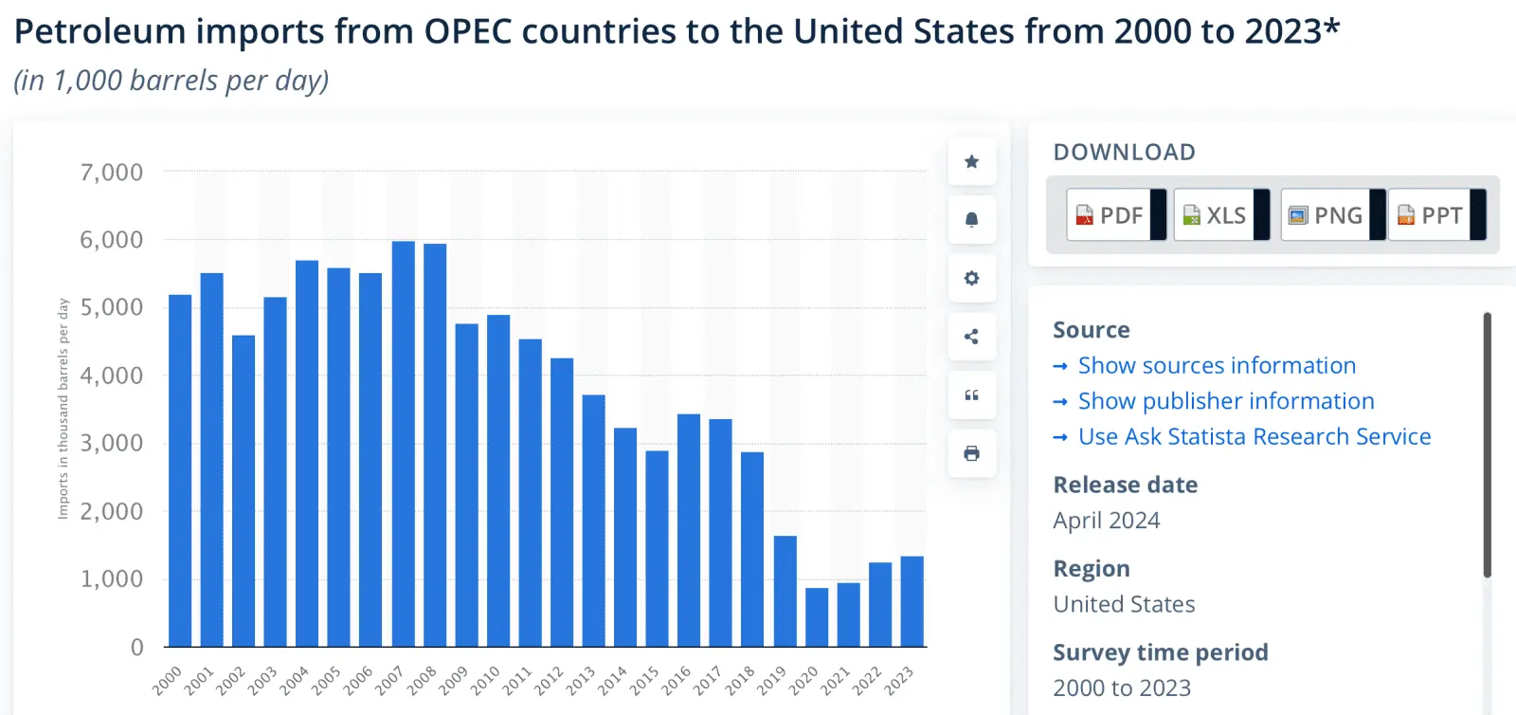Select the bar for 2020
click(817, 617)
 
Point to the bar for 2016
click(689, 530)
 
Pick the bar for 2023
click(911, 601)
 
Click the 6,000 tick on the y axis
click(112, 240)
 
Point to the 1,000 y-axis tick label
click(112, 579)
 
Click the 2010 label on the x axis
click(486, 679)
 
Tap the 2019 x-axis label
click(772, 679)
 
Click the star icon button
click(971, 162)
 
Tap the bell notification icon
click(971, 220)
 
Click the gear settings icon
click(971, 279)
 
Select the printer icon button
click(971, 453)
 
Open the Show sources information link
click(1217, 366)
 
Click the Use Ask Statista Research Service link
click(1254, 437)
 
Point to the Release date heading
click(1126, 485)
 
